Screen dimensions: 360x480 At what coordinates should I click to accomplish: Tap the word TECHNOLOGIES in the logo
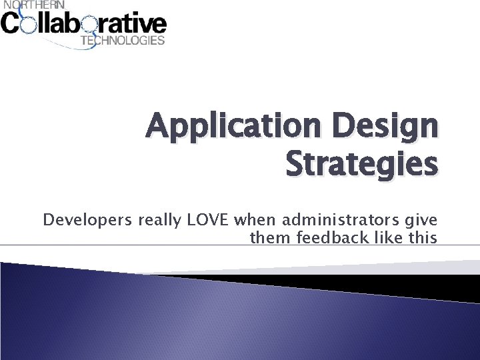122,41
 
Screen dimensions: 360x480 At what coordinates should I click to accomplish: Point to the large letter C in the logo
11,25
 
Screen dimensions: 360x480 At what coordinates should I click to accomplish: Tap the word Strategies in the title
361,164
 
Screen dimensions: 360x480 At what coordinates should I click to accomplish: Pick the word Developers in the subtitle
87,219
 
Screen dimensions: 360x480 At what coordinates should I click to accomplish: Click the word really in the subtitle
161,219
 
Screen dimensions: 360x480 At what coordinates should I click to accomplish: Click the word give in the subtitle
421,220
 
